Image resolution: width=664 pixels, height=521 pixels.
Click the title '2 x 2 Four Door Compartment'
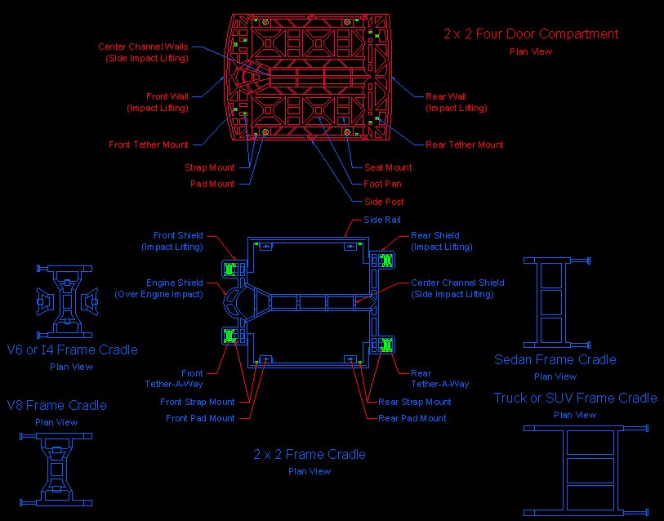tap(531, 33)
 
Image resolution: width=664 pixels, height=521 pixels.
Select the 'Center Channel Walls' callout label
tap(143, 47)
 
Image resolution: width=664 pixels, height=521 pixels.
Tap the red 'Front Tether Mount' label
tap(149, 145)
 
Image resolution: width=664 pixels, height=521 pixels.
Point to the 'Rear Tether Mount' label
tap(464, 145)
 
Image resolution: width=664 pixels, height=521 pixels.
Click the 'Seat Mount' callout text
tap(388, 167)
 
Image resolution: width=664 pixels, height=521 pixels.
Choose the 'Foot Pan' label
tap(382, 184)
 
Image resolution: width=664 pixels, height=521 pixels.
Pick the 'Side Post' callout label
tap(384, 201)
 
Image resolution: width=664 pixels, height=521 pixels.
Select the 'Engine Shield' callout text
tap(175, 283)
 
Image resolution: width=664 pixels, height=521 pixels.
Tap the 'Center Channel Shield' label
tap(457, 283)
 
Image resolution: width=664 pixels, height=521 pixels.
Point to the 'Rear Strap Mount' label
tap(415, 402)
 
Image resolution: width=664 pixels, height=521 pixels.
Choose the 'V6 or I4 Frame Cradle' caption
tap(72, 350)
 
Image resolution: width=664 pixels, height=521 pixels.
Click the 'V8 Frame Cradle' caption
tap(57, 405)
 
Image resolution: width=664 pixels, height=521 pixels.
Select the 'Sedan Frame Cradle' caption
tap(555, 359)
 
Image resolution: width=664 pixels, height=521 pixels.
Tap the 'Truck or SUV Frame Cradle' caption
tap(575, 399)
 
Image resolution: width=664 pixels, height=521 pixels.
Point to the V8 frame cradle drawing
tap(56, 470)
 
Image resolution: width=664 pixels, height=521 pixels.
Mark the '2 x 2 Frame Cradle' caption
tap(310, 454)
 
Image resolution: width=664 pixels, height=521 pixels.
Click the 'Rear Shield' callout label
tap(434, 235)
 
